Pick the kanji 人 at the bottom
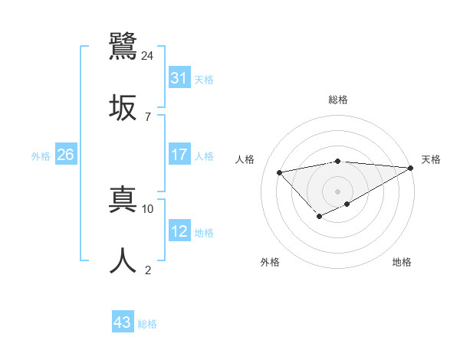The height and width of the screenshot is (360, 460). pyautogui.click(x=123, y=260)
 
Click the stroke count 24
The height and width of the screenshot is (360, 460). pyautogui.click(x=148, y=55)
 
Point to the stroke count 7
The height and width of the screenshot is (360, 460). pyautogui.click(x=148, y=116)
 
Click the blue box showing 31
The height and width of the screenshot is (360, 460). pyautogui.click(x=179, y=77)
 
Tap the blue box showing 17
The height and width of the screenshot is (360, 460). pyautogui.click(x=179, y=154)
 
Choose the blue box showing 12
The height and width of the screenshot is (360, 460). pyautogui.click(x=179, y=231)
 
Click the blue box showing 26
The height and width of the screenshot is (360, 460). pyautogui.click(x=65, y=155)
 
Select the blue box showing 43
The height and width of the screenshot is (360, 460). pyautogui.click(x=123, y=322)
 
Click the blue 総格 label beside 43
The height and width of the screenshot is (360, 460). pyautogui.click(x=148, y=324)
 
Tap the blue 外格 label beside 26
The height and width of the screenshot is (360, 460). pyautogui.click(x=41, y=155)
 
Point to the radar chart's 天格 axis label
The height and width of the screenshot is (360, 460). pyautogui.click(x=431, y=159)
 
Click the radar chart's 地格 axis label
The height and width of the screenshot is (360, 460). pyautogui.click(x=402, y=262)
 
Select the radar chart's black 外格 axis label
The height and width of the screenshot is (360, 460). pyautogui.click(x=270, y=262)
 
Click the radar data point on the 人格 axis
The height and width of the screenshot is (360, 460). pyautogui.click(x=280, y=172)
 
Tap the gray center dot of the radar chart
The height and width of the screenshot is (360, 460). pyautogui.click(x=337, y=191)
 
